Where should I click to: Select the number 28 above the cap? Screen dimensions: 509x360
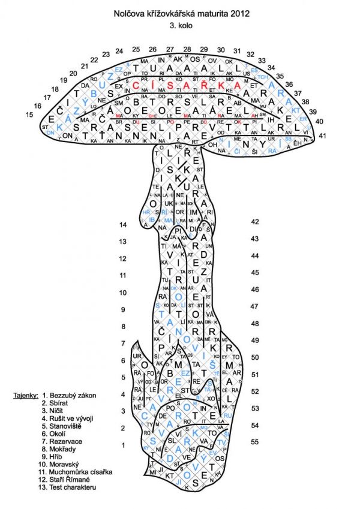187,49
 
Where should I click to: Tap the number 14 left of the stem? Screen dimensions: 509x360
123,225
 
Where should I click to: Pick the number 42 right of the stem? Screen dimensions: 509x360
254,222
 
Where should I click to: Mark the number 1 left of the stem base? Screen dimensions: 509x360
123,445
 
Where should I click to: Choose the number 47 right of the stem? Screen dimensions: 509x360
254,306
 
